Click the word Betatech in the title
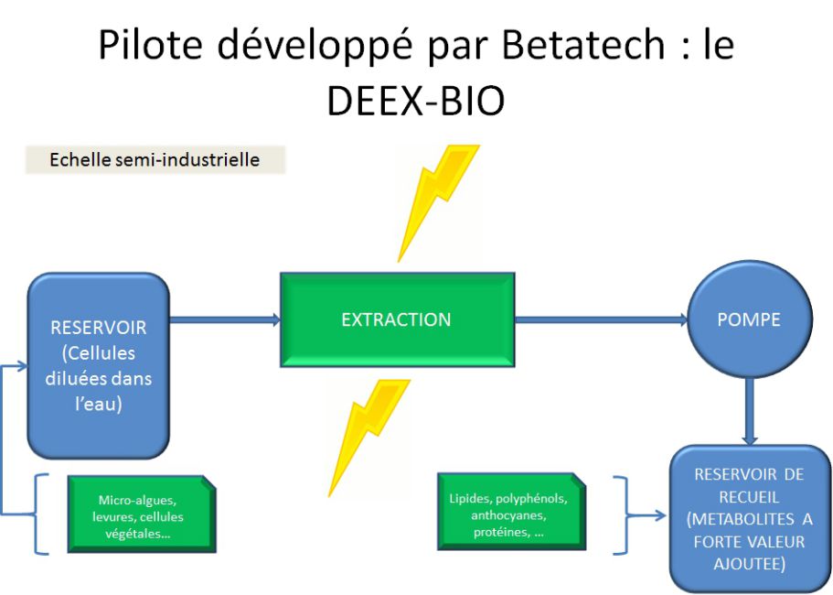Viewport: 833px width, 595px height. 582,44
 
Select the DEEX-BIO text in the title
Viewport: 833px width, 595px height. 415,100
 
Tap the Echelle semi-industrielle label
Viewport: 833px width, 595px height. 155,159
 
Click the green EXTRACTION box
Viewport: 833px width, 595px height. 398,319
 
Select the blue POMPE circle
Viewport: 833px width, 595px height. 750,319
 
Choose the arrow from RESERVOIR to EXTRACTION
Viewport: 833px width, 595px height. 225,319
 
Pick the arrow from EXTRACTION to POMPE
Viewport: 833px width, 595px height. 601,319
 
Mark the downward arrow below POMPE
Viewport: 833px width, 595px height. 750,410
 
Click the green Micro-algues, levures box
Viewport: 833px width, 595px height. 142,514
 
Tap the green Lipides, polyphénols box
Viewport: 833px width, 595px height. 511,512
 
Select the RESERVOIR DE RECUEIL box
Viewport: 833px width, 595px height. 750,518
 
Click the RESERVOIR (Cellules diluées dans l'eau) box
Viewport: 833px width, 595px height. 98,365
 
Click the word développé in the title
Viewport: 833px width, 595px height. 315,46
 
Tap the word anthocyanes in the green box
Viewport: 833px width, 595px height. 508,515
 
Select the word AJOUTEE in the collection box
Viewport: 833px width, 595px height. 749,564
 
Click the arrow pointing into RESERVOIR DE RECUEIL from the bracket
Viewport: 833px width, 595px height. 646,515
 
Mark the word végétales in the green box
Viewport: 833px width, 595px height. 137,534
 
